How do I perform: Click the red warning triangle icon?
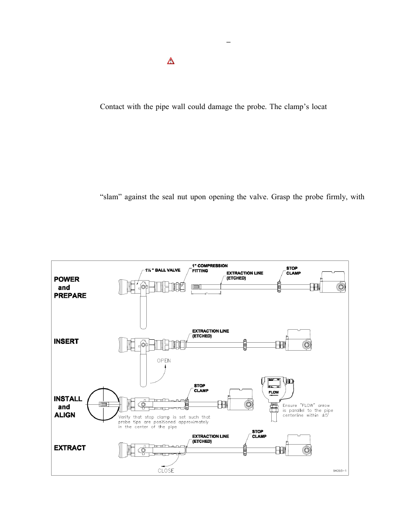tap(171, 61)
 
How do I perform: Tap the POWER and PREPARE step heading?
tap(70, 287)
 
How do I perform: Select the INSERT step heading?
tap(66, 341)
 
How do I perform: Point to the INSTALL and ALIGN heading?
tap(68, 407)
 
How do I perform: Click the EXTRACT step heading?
tap(70, 448)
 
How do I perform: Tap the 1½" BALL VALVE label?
tap(163, 270)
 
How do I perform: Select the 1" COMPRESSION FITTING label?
tap(210, 268)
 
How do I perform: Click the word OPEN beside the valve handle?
tap(164, 361)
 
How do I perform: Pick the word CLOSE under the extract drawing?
tap(166, 471)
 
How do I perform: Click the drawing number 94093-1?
tap(340, 471)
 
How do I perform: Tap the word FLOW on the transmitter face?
tap(273, 392)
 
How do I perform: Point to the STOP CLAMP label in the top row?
tap(293, 271)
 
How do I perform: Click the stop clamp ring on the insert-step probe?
tap(245, 345)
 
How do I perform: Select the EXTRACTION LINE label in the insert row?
tap(210, 333)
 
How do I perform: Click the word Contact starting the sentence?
tap(112, 107)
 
